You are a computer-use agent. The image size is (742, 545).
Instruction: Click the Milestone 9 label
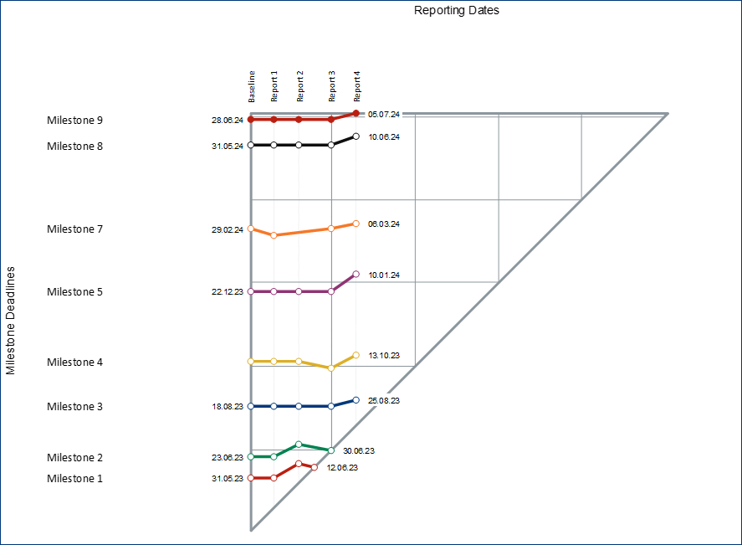[x=74, y=121]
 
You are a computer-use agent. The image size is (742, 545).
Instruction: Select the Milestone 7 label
[x=74, y=229]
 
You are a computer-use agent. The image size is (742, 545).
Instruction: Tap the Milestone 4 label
[x=74, y=362]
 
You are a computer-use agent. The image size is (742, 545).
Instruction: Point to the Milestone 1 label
[x=74, y=479]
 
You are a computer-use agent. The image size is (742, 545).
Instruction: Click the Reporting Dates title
[x=457, y=11]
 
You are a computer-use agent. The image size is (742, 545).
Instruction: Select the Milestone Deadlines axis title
[x=11, y=321]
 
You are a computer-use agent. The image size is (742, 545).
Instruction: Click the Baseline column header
[x=251, y=86]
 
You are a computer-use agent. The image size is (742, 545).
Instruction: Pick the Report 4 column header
[x=357, y=86]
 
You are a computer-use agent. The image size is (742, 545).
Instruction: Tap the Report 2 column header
[x=299, y=86]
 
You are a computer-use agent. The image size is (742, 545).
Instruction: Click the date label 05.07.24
[x=384, y=114]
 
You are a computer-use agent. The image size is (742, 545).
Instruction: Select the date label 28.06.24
[x=228, y=121]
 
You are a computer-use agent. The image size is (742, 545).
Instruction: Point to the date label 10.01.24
[x=384, y=275]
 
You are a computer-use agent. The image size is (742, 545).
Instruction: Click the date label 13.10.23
[x=384, y=356]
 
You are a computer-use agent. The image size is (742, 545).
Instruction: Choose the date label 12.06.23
[x=342, y=468]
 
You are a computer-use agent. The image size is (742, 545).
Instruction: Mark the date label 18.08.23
[x=228, y=407]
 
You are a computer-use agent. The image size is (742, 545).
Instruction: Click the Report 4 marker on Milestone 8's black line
[x=356, y=136]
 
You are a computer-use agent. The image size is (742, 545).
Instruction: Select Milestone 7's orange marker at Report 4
[x=356, y=224]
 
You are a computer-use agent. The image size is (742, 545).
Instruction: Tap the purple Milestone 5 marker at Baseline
[x=251, y=291]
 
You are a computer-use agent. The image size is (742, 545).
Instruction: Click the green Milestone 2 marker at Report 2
[x=299, y=444]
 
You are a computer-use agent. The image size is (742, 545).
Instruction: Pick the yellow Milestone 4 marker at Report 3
[x=331, y=368]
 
